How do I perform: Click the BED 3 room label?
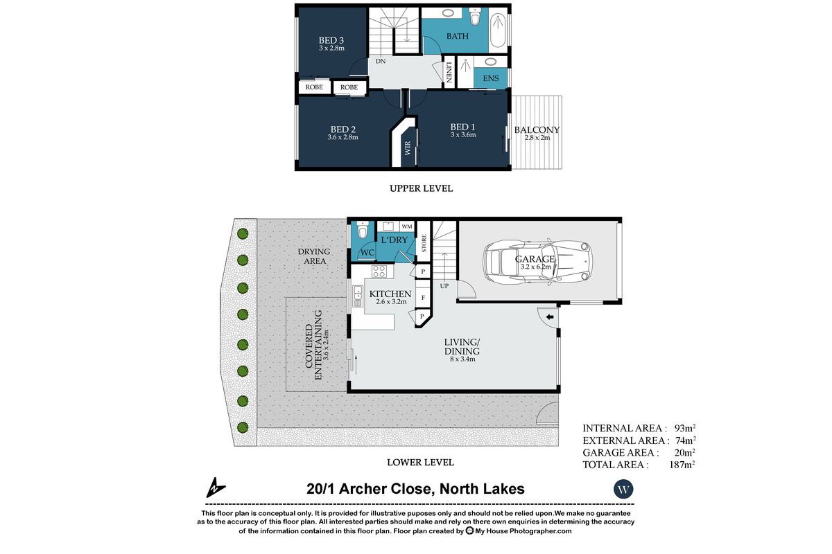tap(331, 40)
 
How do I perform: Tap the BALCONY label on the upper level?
tap(537, 130)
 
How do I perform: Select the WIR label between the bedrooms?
tap(408, 148)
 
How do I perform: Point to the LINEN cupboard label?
tap(449, 72)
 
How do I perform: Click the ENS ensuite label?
tap(491, 78)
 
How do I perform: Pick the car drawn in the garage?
tap(537, 262)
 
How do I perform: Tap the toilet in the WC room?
tap(362, 229)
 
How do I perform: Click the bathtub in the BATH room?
tap(498, 28)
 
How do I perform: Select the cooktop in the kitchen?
tap(379, 271)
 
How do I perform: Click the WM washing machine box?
tap(407, 226)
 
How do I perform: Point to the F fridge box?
tap(423, 298)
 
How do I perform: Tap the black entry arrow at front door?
tap(550, 317)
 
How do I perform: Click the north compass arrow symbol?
tap(216, 488)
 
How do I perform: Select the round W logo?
tap(623, 489)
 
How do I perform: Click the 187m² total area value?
tap(682, 465)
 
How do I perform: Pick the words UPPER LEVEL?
tap(422, 188)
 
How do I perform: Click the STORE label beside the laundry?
tap(424, 243)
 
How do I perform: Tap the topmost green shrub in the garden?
tap(243, 234)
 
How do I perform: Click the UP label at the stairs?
tap(444, 286)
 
